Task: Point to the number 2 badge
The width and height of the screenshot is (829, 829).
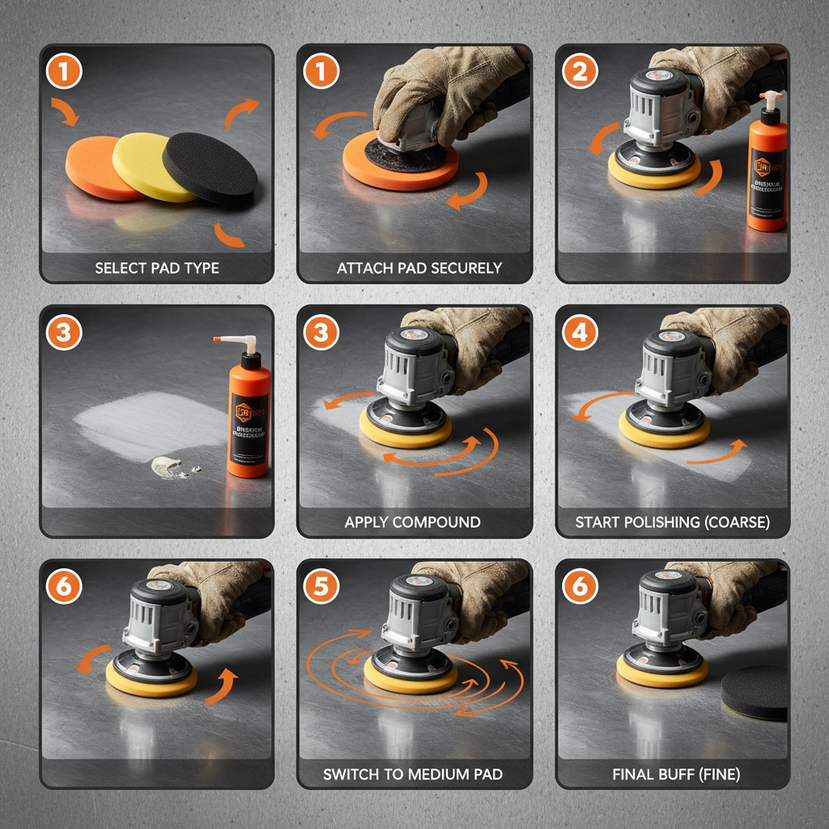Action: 580,73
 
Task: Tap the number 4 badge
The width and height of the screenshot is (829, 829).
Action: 580,333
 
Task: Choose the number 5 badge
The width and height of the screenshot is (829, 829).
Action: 321,587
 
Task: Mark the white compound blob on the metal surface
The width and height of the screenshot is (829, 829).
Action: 168,466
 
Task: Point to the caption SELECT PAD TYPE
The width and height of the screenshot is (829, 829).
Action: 157,268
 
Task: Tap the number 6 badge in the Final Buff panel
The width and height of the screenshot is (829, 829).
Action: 580,587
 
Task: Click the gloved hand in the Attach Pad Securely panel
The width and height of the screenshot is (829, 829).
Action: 437,89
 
